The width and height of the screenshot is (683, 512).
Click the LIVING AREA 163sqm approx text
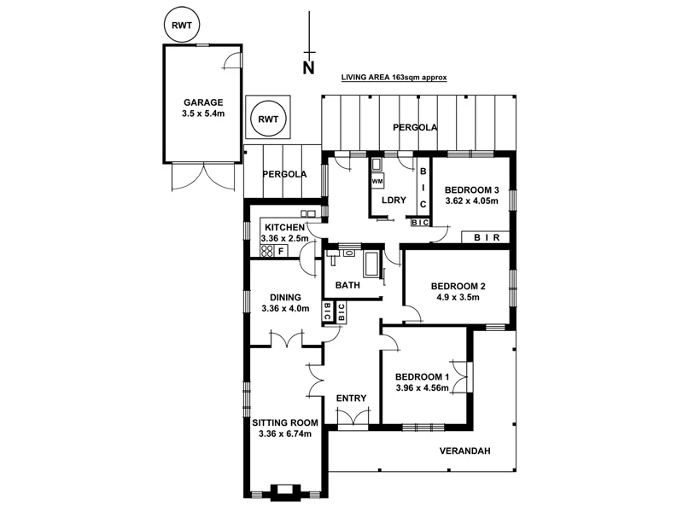(394, 77)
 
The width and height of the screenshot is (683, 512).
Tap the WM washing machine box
(377, 182)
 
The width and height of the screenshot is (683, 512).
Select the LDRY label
(394, 201)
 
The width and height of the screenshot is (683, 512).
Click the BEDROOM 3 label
(470, 189)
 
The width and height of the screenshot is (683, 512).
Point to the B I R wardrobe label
(486, 237)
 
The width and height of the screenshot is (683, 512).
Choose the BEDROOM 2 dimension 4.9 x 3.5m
(458, 298)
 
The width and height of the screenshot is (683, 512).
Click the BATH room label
(347, 285)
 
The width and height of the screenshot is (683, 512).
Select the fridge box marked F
(281, 251)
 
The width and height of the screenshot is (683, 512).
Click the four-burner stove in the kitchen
(266, 251)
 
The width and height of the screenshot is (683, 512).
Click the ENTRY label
(351, 399)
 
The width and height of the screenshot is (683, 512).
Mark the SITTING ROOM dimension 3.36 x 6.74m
(285, 434)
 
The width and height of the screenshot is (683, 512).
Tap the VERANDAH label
(465, 451)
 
